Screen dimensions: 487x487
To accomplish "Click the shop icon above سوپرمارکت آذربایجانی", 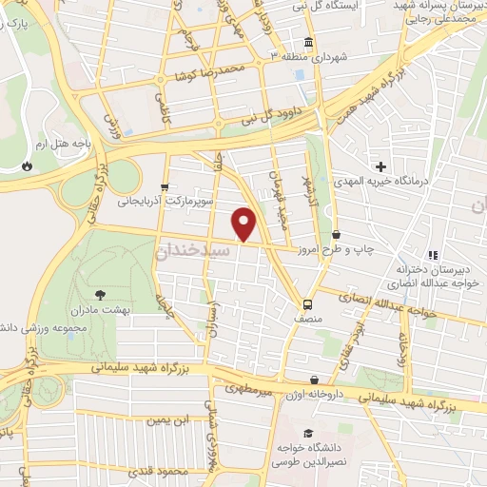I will click(166, 186).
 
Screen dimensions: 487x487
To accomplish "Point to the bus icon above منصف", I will click(307, 304).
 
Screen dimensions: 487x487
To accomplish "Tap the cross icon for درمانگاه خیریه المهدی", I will click(380, 167).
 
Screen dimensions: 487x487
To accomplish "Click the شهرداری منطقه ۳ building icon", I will click(308, 43).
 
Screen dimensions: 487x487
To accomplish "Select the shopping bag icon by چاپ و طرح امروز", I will click(336, 235).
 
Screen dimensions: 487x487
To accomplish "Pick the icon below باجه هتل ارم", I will click(27, 166).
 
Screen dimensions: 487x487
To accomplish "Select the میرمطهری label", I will click(249, 389).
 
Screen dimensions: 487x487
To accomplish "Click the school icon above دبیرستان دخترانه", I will click(432, 255).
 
